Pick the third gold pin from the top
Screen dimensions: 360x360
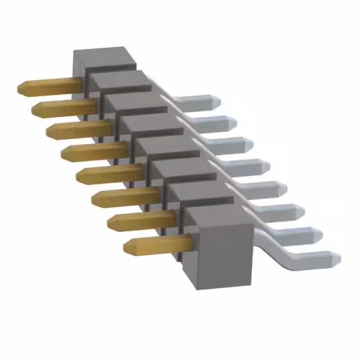point(76,130)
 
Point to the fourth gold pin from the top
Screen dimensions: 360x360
point(93,151)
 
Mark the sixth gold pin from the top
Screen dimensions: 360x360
point(124,197)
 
